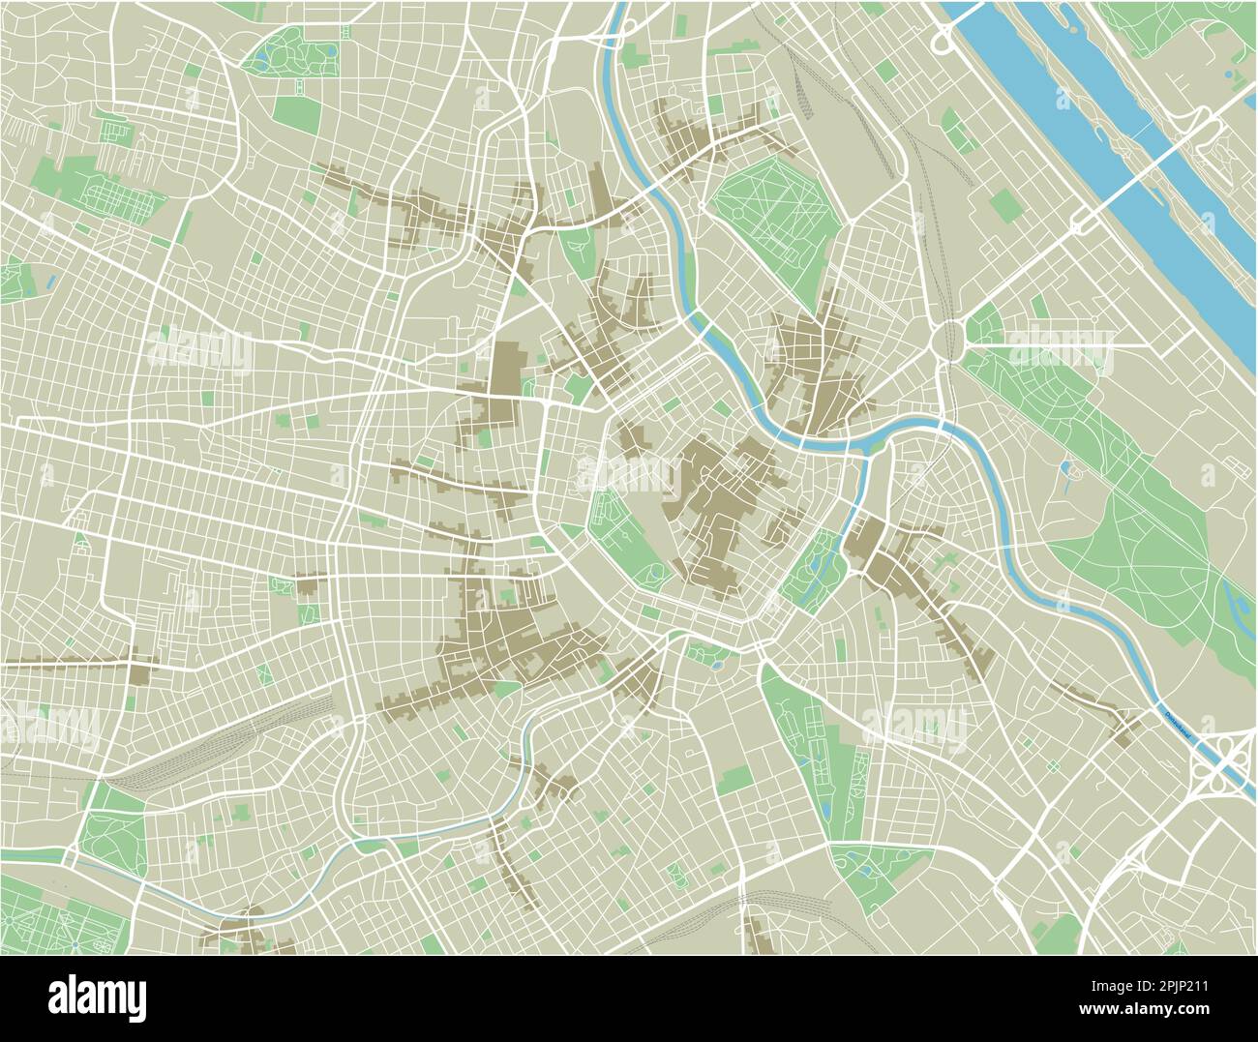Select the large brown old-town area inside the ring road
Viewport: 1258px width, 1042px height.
pyautogui.click(x=721, y=503)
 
